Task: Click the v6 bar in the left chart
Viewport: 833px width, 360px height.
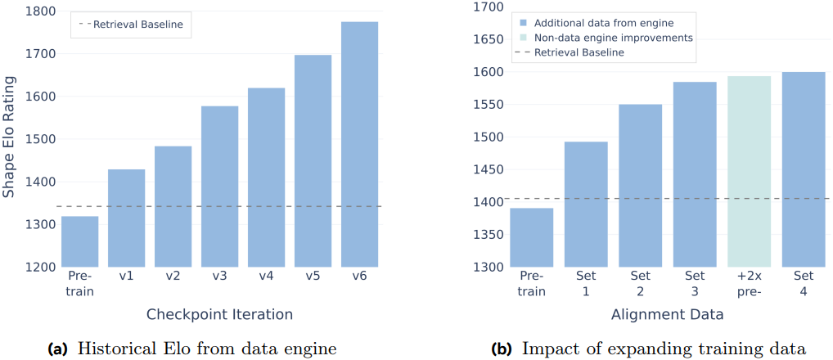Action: coord(360,144)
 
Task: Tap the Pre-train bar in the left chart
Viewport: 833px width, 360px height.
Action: coord(79,241)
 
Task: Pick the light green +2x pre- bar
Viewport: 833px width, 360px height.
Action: coord(750,172)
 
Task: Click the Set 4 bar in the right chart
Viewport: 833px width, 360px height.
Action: coord(804,169)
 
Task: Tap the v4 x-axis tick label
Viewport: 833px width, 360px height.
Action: coord(266,277)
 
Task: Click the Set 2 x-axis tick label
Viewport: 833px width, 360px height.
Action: coord(641,282)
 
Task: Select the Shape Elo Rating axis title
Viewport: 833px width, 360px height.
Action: coord(9,138)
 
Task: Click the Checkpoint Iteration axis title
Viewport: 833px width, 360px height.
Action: coord(219,314)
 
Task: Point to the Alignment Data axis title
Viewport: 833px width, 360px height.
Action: coord(667,314)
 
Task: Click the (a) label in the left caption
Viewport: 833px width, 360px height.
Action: coord(58,349)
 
